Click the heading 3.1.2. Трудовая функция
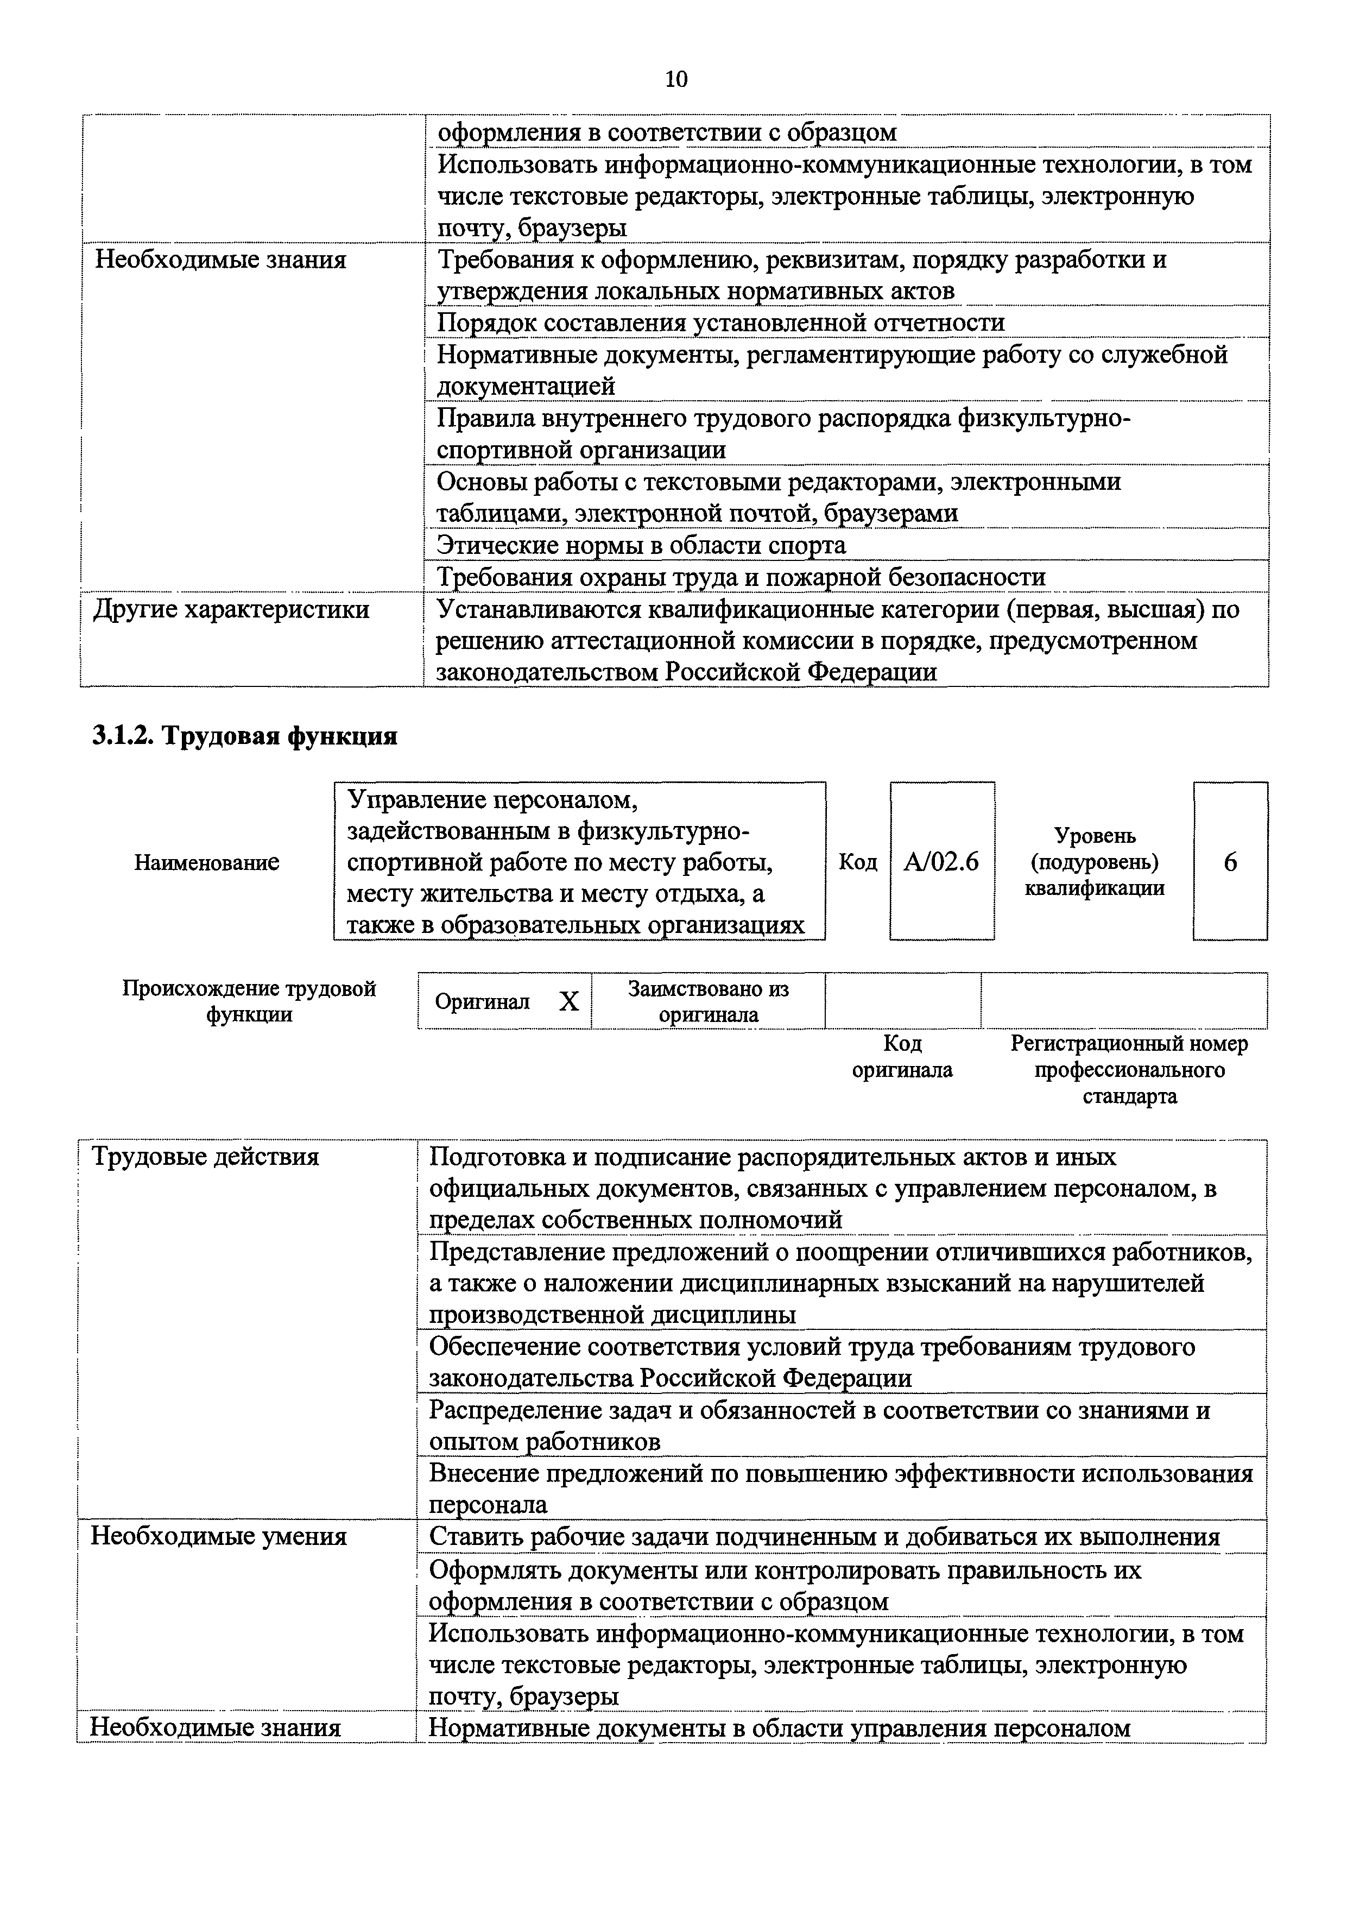(x=245, y=736)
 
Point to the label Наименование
(x=206, y=863)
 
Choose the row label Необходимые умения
(x=218, y=1537)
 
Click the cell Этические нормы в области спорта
(x=641, y=545)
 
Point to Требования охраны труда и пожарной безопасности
(x=741, y=577)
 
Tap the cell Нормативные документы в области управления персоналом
(x=780, y=1729)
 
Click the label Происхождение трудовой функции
(x=249, y=1001)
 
